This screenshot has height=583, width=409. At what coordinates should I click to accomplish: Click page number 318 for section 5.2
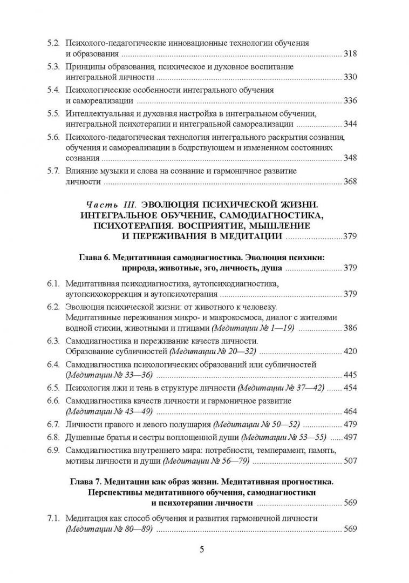tap(350, 54)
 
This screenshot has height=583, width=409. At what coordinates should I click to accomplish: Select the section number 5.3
tap(54, 66)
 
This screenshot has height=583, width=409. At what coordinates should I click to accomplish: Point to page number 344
tap(350, 124)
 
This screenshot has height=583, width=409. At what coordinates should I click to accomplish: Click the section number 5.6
tap(54, 137)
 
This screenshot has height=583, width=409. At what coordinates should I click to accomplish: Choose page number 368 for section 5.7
tap(350, 182)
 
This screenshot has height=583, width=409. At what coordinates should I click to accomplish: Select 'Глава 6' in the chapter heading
tap(87, 258)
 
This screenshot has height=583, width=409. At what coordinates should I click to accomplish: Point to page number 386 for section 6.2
tap(350, 328)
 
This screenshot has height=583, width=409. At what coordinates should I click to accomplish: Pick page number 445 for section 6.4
tap(350, 375)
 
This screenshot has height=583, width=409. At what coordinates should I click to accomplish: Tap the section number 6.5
tap(54, 389)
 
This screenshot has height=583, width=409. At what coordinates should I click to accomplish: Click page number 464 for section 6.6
tap(350, 412)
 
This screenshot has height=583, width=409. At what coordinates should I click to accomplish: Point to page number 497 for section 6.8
tap(350, 437)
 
